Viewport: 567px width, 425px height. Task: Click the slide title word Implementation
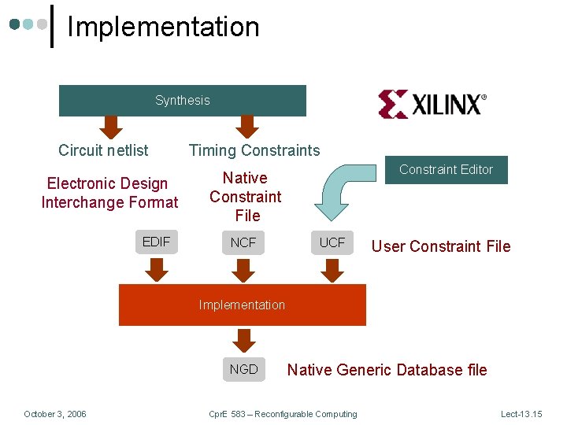click(x=163, y=27)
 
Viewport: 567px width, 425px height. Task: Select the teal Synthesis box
click(x=183, y=101)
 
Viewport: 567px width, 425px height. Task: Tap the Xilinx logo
click(x=432, y=104)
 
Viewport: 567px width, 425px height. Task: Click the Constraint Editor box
click(x=446, y=169)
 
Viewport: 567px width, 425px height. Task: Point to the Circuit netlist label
click(x=103, y=150)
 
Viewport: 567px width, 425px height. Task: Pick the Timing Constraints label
click(x=254, y=150)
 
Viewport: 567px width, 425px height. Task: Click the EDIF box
click(x=156, y=242)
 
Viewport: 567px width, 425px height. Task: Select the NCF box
click(x=243, y=242)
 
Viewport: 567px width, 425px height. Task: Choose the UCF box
click(x=332, y=242)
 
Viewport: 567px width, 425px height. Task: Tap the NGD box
click(x=243, y=369)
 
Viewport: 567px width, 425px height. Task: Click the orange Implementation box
click(x=242, y=305)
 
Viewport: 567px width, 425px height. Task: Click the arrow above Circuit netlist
click(x=111, y=127)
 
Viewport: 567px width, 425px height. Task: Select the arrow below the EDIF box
click(x=157, y=270)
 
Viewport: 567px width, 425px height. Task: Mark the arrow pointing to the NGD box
click(x=243, y=340)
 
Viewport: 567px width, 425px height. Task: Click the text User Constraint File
click(x=441, y=246)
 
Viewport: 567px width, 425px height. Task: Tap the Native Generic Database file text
click(x=387, y=370)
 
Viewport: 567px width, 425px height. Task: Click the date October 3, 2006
click(x=55, y=414)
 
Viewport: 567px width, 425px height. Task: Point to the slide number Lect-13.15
click(x=521, y=414)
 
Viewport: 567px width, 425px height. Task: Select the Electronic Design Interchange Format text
click(x=109, y=193)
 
